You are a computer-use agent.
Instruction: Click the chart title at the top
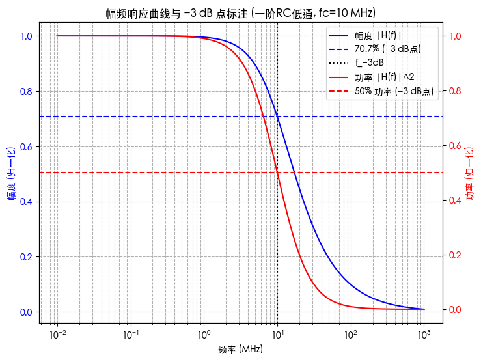241,13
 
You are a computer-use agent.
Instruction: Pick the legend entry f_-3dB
369,63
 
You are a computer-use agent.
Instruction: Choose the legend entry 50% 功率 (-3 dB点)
394,91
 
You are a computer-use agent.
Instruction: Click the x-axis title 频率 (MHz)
241,350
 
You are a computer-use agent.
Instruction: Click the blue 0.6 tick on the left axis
25,146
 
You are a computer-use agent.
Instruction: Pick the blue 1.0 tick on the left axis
25,36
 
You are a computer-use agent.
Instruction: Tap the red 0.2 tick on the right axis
454,255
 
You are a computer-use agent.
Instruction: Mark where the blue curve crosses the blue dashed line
277,117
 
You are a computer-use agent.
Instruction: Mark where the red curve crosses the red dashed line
277,173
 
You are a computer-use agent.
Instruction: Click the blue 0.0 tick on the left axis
25,312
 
